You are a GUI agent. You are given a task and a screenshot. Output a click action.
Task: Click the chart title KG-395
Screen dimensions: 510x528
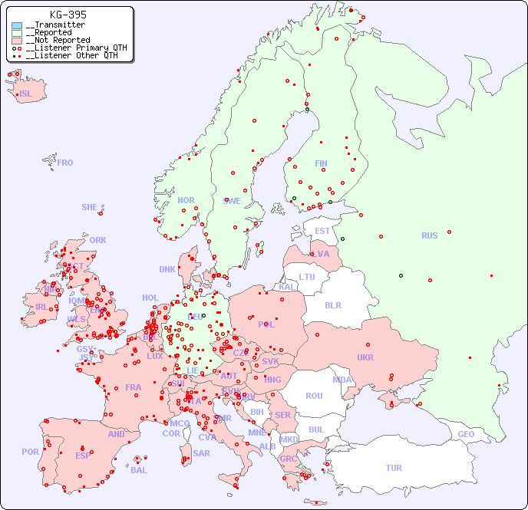pyautogui.click(x=68, y=15)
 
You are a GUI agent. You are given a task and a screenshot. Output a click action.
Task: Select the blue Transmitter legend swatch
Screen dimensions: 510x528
pyautogui.click(x=17, y=25)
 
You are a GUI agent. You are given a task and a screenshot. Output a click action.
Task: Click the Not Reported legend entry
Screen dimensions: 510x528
pyautogui.click(x=58, y=40)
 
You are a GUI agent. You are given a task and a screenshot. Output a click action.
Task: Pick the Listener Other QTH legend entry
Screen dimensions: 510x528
pyautogui.click(x=71, y=55)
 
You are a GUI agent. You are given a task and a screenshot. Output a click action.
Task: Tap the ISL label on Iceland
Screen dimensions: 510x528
pyautogui.click(x=25, y=94)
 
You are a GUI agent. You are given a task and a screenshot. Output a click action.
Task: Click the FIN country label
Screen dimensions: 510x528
pyautogui.click(x=321, y=163)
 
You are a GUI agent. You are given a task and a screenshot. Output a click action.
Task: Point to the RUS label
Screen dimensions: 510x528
pyautogui.click(x=429, y=235)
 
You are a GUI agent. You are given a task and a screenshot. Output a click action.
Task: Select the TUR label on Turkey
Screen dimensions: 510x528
pyautogui.click(x=394, y=468)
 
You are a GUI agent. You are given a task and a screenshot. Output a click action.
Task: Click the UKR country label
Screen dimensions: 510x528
pyautogui.click(x=365, y=357)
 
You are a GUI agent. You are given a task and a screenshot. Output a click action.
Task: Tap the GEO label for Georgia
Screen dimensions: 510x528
pyautogui.click(x=466, y=434)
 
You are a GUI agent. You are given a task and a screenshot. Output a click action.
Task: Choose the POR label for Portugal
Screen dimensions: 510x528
pyautogui.click(x=30, y=452)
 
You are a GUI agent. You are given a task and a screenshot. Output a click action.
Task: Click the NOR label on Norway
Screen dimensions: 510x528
pyautogui.click(x=186, y=200)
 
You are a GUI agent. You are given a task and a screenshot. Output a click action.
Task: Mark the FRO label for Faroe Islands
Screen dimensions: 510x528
pyautogui.click(x=65, y=163)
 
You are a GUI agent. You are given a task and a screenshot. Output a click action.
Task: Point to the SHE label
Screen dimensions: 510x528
pyautogui.click(x=89, y=207)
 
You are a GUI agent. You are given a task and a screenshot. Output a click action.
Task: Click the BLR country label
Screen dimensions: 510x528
pyautogui.click(x=332, y=304)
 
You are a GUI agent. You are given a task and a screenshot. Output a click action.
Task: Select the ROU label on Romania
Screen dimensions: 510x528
pyautogui.click(x=314, y=396)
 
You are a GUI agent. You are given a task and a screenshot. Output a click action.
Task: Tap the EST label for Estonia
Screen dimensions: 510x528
pyautogui.click(x=322, y=231)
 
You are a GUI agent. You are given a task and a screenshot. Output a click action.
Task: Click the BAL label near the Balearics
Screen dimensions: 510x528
pyautogui.click(x=138, y=470)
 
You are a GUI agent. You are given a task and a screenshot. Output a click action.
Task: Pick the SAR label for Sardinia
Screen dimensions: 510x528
pyautogui.click(x=201, y=453)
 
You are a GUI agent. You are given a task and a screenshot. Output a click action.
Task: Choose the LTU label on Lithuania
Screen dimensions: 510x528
pyautogui.click(x=307, y=277)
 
